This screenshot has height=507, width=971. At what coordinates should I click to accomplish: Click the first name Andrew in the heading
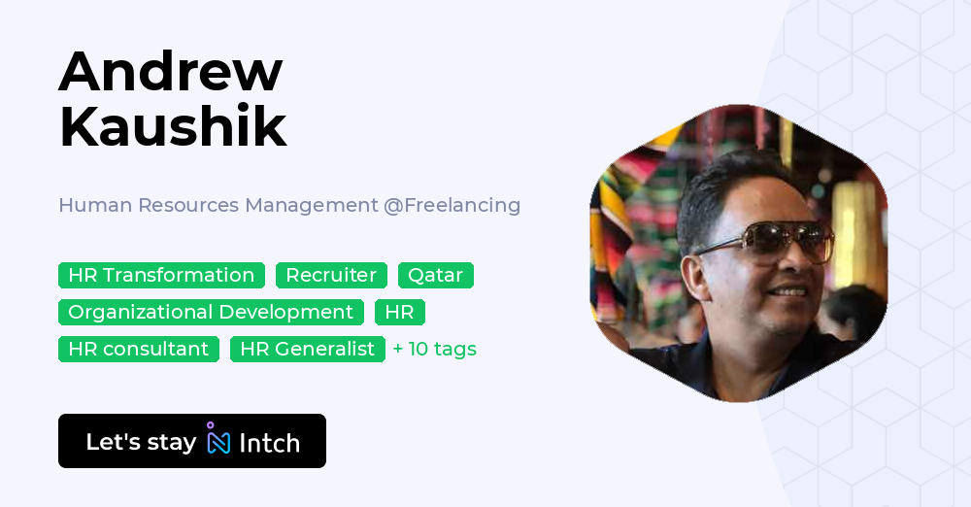(170, 71)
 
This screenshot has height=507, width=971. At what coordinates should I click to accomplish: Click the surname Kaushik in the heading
(173, 126)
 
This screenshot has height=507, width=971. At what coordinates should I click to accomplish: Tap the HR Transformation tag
(161, 275)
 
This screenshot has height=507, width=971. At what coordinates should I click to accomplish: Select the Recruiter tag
(331, 275)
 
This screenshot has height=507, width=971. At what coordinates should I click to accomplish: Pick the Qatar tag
(436, 275)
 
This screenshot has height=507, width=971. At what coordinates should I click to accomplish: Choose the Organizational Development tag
(211, 312)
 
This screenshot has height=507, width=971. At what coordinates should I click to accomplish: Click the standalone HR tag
(400, 312)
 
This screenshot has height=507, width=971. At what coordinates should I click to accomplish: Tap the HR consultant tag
(139, 349)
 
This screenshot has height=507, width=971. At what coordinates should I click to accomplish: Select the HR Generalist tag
(308, 349)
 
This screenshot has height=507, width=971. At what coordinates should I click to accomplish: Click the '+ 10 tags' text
(435, 349)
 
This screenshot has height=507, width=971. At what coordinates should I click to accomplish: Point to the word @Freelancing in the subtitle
(452, 205)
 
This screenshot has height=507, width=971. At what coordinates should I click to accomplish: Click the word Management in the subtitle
(312, 205)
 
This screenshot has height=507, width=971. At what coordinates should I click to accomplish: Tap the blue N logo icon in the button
(218, 438)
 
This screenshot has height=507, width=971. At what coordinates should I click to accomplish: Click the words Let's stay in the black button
(141, 442)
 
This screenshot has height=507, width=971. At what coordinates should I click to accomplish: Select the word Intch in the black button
(269, 443)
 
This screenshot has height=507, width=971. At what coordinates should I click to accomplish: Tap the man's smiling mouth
(787, 290)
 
